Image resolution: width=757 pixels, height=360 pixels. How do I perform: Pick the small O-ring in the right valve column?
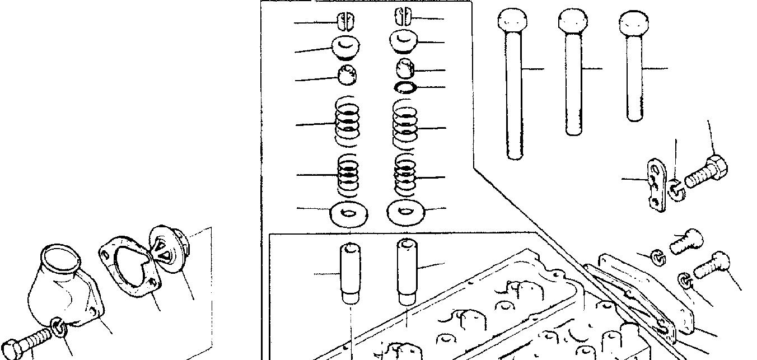tap(405, 87)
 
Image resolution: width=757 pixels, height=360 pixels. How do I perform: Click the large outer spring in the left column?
tap(346, 122)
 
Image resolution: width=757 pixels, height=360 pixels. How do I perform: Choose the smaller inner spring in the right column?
tap(405, 174)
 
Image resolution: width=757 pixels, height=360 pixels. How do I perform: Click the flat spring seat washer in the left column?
tap(348, 213)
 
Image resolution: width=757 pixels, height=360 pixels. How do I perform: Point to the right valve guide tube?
tap(407, 271)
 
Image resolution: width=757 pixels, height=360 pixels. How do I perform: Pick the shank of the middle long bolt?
tap(572, 84)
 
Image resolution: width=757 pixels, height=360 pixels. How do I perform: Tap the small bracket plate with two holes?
tap(655, 185)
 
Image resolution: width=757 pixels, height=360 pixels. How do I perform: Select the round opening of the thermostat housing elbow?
tap(60, 259)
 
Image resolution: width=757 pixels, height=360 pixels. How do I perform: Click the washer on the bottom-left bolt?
tap(59, 328)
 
